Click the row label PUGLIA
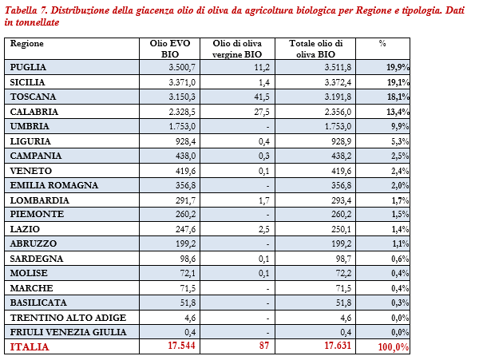point(30,68)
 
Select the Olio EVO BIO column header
point(169,47)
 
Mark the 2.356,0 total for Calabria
point(328,112)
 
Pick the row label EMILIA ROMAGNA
point(53,185)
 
